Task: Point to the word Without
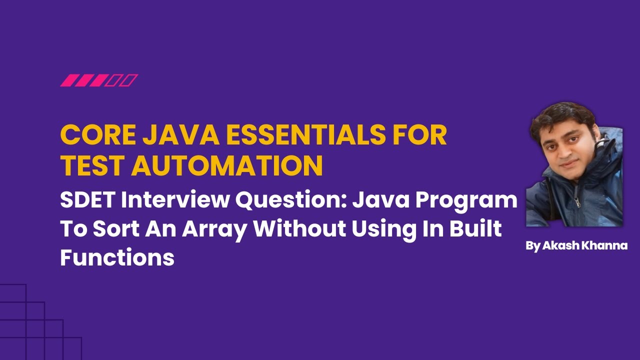click(x=299, y=229)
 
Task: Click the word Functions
click(x=117, y=257)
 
